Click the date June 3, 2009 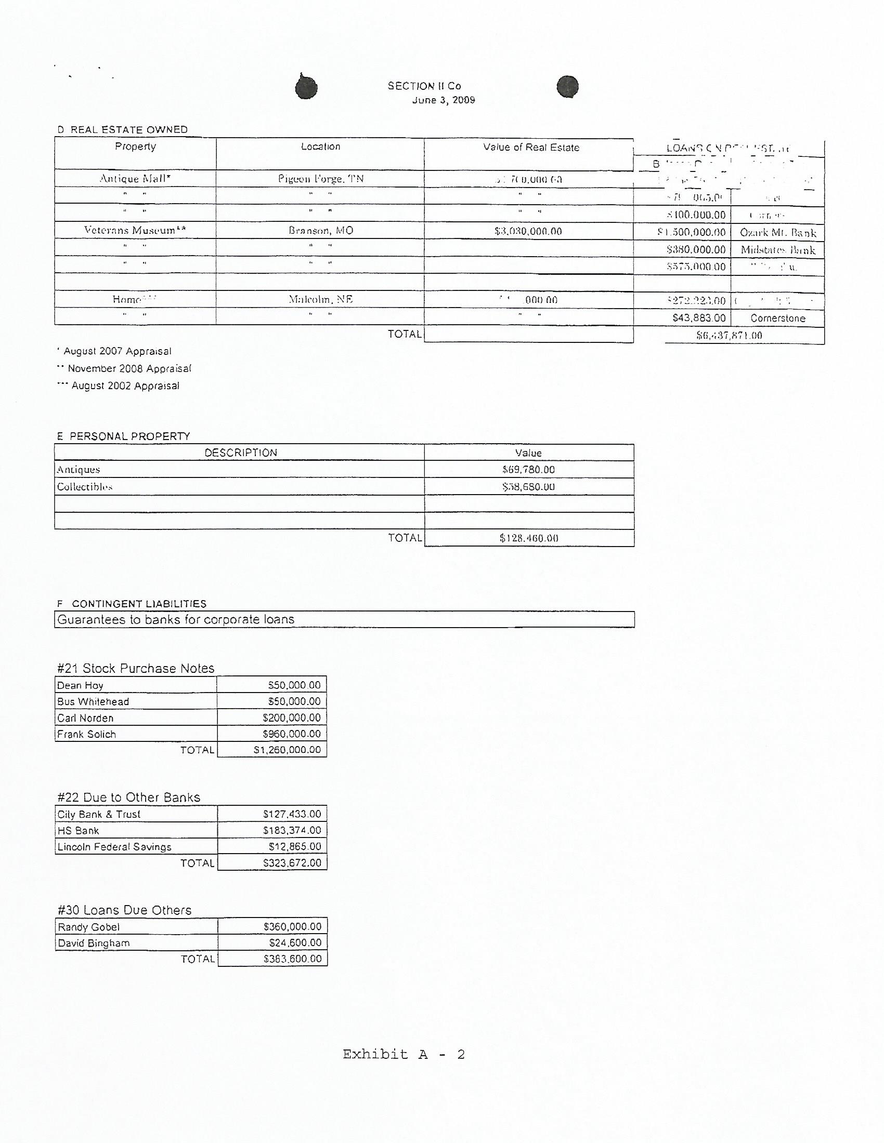[443, 100]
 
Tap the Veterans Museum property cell [135, 230]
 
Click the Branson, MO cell [320, 231]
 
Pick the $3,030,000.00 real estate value [528, 231]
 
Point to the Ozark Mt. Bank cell [778, 232]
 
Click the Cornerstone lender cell [778, 318]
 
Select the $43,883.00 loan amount [698, 318]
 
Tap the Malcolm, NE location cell [320, 299]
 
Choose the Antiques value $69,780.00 [528, 470]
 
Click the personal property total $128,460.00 [528, 538]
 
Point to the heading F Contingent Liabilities [132, 603]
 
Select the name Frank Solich [86, 734]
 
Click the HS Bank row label [78, 831]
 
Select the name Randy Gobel [88, 927]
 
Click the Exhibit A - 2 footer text [403, 1054]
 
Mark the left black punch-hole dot [306, 87]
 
